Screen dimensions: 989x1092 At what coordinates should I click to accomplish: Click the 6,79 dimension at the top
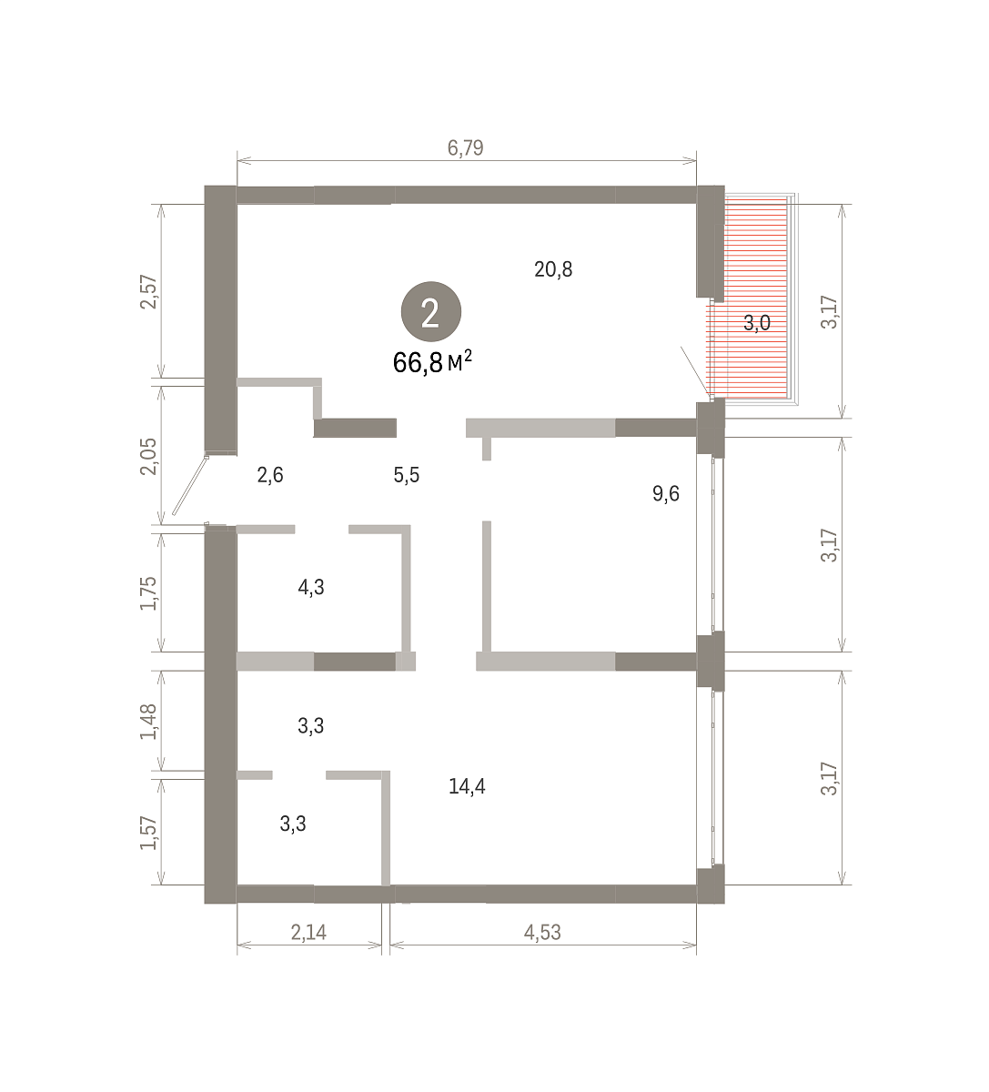point(465,148)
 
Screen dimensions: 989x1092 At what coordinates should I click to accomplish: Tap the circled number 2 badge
point(431,312)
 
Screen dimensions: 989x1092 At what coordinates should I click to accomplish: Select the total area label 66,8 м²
point(432,362)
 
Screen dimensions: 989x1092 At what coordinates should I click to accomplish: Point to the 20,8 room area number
point(553,269)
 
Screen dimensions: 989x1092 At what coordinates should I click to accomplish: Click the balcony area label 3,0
point(757,323)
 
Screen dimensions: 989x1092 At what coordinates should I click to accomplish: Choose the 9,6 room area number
point(666,494)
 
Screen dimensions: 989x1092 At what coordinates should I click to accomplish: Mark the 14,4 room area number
point(467,786)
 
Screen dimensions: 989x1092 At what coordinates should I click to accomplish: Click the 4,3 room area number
point(311,587)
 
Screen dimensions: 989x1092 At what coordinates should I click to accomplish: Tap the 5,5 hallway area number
point(407,475)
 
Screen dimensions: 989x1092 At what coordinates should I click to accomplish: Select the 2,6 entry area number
point(270,475)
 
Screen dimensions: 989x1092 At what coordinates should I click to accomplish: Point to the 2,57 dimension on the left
point(149,292)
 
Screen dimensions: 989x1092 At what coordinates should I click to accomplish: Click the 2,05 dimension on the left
point(149,457)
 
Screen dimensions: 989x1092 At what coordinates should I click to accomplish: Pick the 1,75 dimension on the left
point(149,593)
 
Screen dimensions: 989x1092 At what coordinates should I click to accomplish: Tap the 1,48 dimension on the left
point(149,723)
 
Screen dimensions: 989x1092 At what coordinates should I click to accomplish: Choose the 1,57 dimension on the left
point(149,833)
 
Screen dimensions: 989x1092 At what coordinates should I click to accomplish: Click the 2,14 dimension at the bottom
point(308,933)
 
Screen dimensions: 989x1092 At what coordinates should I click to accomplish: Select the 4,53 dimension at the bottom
point(542,933)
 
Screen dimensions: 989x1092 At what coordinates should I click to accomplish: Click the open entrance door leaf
point(190,486)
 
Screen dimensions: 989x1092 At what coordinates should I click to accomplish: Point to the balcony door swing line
point(694,371)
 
